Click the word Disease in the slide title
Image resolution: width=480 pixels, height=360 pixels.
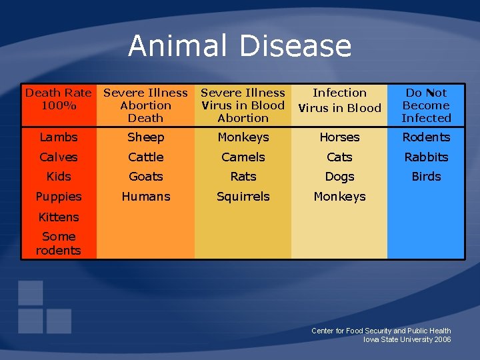[295, 46]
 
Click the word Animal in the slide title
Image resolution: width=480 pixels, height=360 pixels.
[179, 46]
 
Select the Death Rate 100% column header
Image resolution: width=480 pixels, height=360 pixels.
[59, 99]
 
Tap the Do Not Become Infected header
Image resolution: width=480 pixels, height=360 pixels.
[426, 105]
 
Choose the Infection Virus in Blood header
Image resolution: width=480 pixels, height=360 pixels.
[339, 100]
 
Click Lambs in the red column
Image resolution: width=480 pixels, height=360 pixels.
[59, 137]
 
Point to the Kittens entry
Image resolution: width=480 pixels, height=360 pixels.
[59, 217]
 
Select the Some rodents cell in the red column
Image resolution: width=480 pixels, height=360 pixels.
[59, 243]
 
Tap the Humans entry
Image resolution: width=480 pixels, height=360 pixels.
[145, 197]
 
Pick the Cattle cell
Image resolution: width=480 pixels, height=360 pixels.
[145, 157]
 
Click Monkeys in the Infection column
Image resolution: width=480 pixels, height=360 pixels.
[339, 197]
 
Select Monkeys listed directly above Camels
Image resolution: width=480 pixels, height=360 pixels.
[243, 137]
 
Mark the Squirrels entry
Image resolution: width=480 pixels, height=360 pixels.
[243, 197]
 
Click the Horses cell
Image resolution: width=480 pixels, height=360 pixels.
[339, 137]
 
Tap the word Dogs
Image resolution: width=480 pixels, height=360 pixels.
[339, 177]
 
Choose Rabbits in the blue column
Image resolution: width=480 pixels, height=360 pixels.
[426, 157]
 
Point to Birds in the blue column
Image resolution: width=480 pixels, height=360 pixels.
[426, 177]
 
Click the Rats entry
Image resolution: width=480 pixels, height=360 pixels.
[243, 177]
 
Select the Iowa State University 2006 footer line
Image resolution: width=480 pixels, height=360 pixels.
[407, 340]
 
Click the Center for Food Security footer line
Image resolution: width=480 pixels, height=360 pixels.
[381, 331]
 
